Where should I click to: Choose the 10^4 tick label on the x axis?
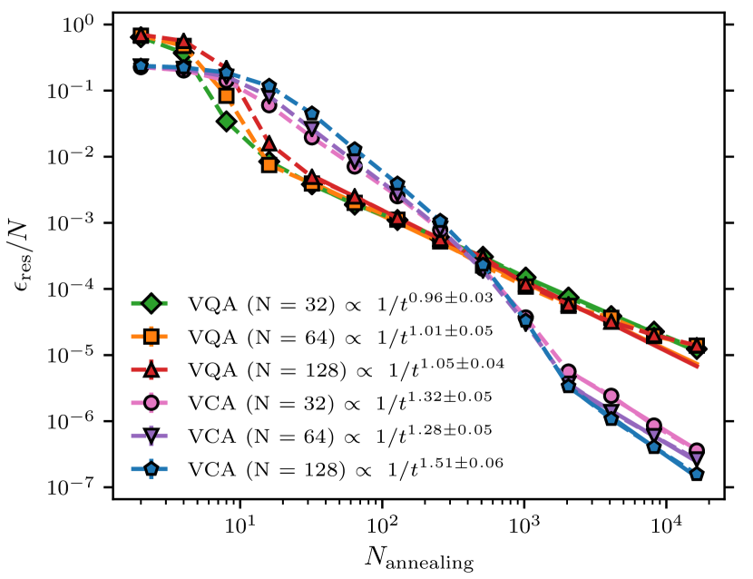667,525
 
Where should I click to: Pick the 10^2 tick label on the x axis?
382,525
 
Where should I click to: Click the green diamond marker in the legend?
152,301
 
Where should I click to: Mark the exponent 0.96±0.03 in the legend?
453,296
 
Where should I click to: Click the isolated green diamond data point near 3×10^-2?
227,122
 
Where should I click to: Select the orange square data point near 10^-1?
227,95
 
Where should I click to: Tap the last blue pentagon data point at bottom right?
697,474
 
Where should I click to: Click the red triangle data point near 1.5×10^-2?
269,144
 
